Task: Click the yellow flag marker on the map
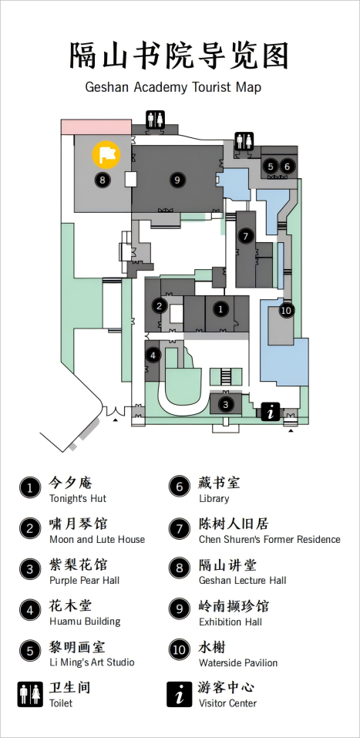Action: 106,154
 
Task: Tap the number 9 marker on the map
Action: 177,180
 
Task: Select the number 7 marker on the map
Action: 245,236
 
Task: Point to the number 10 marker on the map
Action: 286,311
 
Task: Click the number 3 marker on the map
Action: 226,404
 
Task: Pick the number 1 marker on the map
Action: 220,308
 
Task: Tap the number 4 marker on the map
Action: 153,356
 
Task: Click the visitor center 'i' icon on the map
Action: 271,413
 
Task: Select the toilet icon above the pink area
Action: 155,120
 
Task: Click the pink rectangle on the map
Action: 96,126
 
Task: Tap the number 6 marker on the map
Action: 287,166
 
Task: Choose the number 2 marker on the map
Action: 160,306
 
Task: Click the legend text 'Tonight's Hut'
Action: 78,498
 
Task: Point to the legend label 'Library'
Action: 214,498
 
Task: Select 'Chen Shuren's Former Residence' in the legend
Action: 270,539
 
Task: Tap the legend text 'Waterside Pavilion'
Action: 238,662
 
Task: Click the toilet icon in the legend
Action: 30,694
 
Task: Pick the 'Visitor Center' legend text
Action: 227,703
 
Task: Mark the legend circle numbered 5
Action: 30,651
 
